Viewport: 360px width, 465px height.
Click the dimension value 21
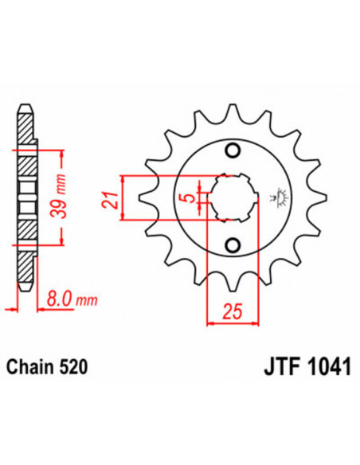[x=112, y=194]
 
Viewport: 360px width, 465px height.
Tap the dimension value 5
[x=185, y=197]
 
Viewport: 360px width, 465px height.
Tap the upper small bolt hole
[x=233, y=151]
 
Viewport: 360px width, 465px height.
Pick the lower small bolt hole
[x=233, y=244]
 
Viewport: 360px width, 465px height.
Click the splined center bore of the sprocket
[x=232, y=197]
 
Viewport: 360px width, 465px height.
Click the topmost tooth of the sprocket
[x=233, y=114]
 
